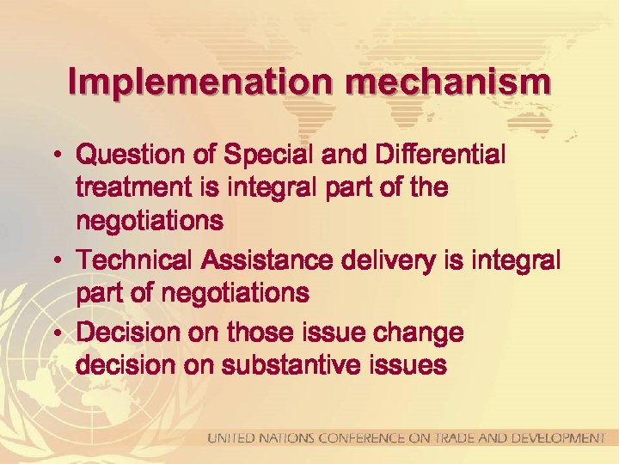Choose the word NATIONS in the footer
pos(288,439)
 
